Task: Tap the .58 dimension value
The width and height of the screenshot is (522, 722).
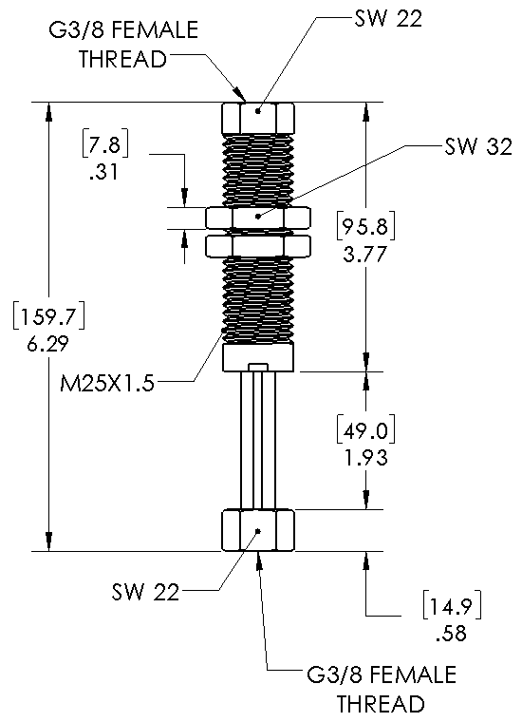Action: click(446, 630)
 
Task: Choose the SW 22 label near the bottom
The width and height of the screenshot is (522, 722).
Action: click(145, 592)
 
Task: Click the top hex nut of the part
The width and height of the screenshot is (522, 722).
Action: click(257, 119)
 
